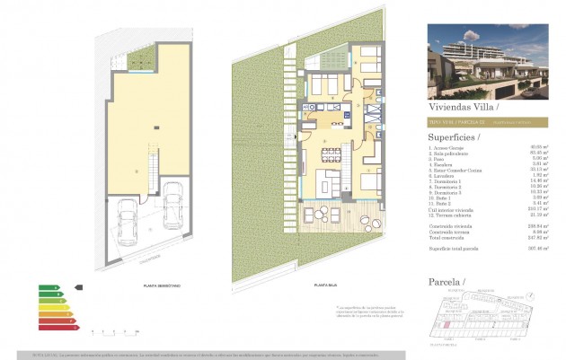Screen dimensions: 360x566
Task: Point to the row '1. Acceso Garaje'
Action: [x=449, y=149]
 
